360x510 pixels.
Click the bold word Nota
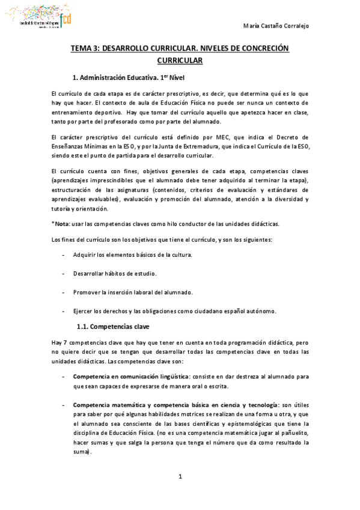[63, 224]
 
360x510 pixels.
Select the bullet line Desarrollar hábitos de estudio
[115, 274]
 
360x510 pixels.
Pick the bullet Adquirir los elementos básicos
[132, 255]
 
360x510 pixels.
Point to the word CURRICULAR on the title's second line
[180, 61]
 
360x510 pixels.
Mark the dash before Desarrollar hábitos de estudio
[64, 274]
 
